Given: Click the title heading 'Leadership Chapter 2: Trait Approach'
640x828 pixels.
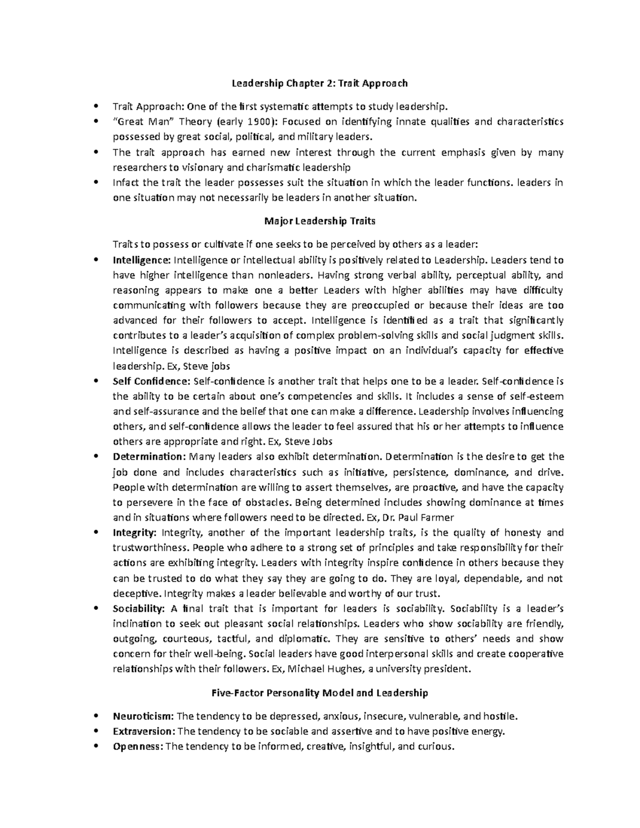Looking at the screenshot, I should pyautogui.click(x=319, y=83).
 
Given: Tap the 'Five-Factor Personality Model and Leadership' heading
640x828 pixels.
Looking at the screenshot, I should pyautogui.click(x=319, y=693).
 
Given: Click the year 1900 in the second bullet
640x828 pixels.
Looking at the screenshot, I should pyautogui.click(x=264, y=122).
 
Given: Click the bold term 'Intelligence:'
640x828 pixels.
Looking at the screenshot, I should pyautogui.click(x=141, y=260).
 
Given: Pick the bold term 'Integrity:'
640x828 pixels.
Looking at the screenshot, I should pyautogui.click(x=134, y=533).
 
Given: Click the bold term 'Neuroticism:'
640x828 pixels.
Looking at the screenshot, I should pyautogui.click(x=143, y=716).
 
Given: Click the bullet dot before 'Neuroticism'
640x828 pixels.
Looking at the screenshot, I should pyautogui.click(x=95, y=716).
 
